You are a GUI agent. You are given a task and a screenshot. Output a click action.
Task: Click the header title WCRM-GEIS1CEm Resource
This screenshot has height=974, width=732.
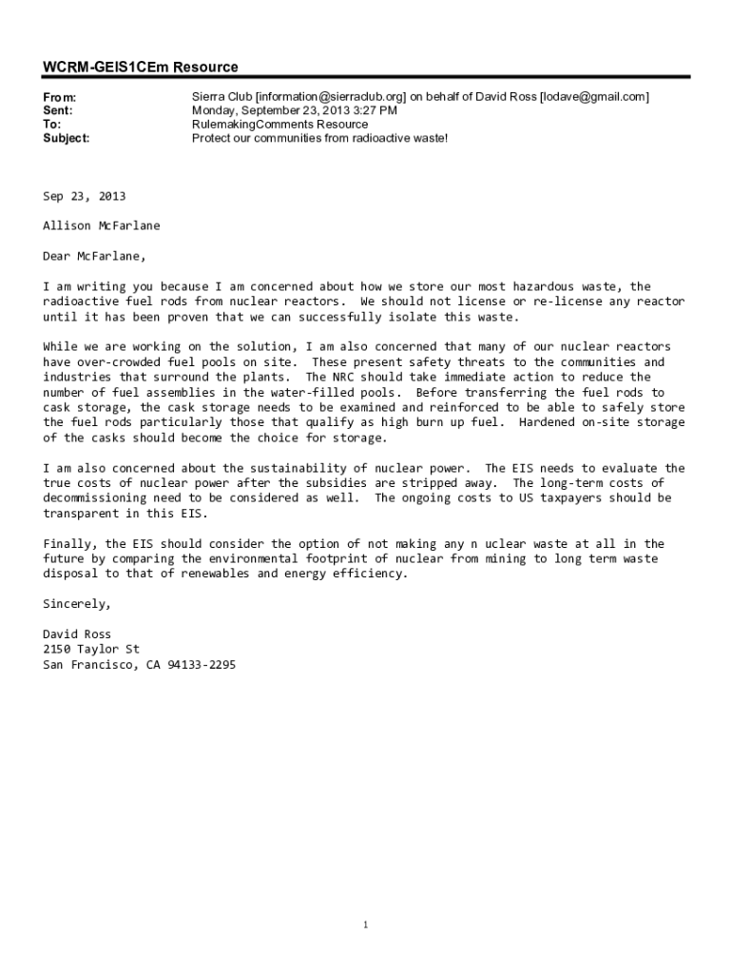click(140, 68)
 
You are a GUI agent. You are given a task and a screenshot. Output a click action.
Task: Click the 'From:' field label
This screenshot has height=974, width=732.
click(60, 98)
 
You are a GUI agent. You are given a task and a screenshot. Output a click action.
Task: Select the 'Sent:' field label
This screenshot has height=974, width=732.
click(58, 111)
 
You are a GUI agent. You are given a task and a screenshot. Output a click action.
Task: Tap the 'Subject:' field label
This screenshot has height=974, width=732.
click(67, 138)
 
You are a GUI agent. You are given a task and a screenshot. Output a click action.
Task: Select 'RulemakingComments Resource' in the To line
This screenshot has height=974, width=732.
click(279, 125)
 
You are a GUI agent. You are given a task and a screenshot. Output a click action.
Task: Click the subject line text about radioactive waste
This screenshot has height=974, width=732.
click(319, 138)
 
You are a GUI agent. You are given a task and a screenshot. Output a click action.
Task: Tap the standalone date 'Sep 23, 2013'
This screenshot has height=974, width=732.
click(84, 196)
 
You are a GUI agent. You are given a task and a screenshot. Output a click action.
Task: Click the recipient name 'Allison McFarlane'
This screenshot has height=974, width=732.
click(102, 226)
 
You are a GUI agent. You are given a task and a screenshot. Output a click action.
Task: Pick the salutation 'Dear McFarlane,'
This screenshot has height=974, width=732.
click(95, 257)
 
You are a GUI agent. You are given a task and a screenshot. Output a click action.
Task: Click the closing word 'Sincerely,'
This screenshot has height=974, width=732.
click(77, 604)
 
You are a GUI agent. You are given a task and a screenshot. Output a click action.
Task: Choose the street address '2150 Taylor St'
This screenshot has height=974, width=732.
click(91, 650)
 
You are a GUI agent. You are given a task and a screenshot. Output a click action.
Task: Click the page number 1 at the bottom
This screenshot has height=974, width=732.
click(366, 925)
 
